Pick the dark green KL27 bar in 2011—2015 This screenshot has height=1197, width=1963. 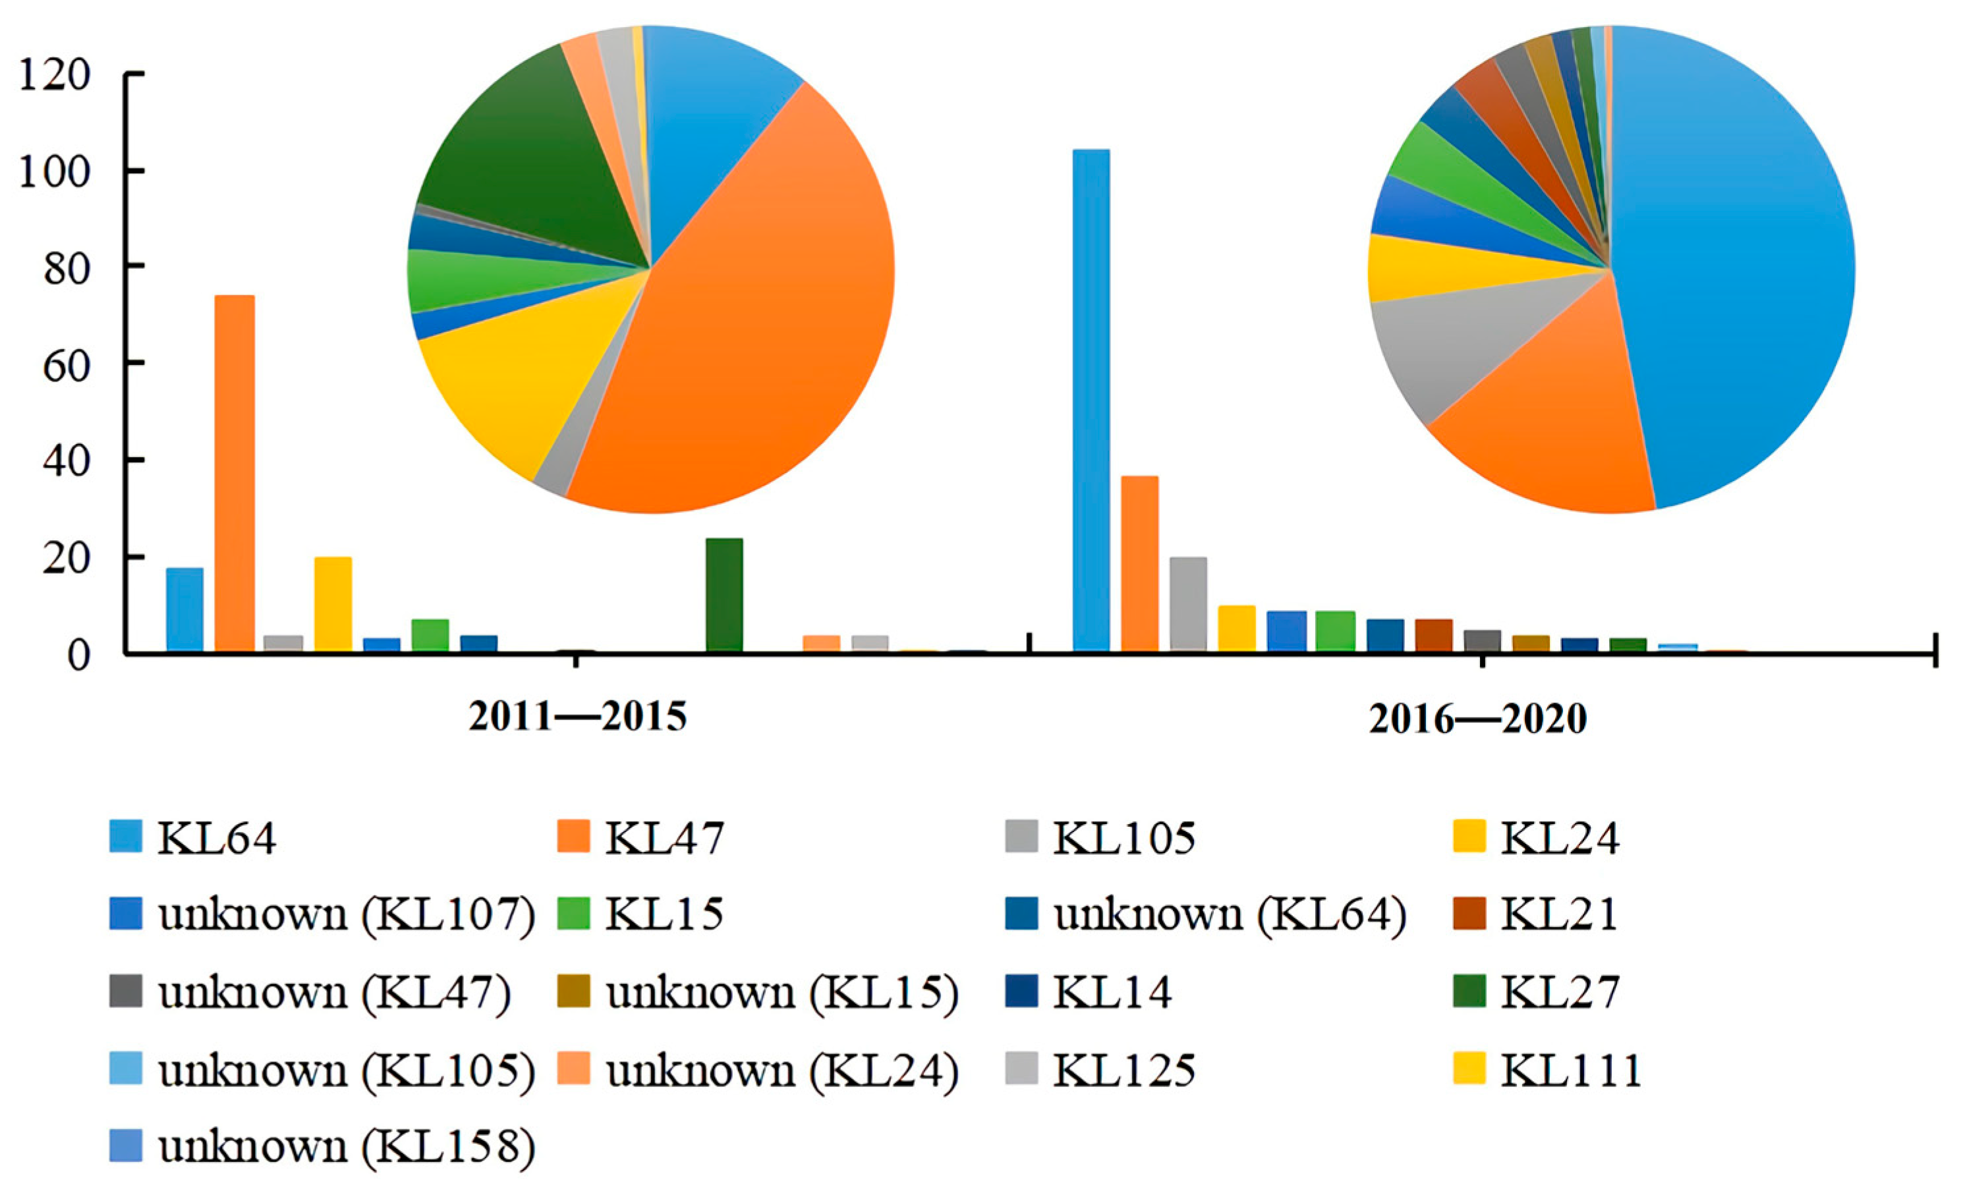tap(724, 596)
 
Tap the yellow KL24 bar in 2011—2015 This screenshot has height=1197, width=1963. tap(333, 605)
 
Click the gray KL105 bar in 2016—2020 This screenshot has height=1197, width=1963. tap(1188, 605)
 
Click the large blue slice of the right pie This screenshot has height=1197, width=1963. tap(1737, 263)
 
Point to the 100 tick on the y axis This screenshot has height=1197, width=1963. tap(134, 171)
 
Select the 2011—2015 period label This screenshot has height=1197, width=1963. tap(577, 717)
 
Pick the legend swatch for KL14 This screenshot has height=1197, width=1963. tap(1021, 991)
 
